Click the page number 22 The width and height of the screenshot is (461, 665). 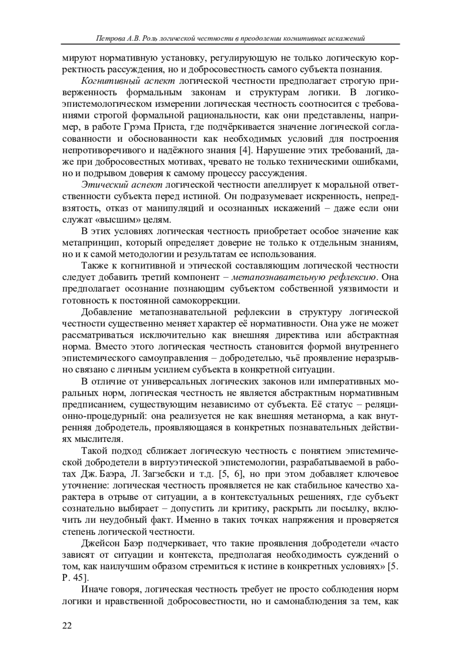coord(66,626)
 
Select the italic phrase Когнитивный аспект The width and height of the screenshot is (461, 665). coord(128,81)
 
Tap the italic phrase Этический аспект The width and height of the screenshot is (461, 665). coord(121,185)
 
